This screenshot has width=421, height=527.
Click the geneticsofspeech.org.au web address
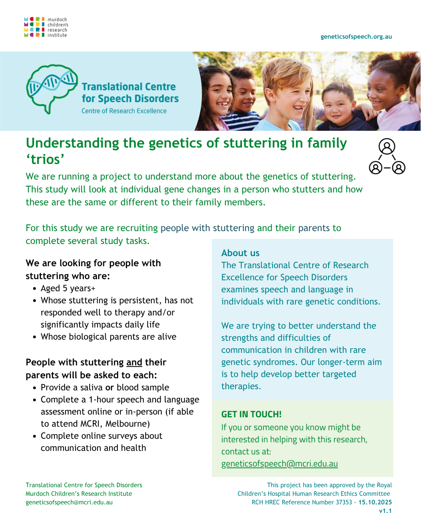click(x=356, y=37)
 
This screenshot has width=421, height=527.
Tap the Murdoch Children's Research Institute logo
click(x=46, y=27)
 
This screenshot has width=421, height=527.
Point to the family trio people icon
click(x=387, y=156)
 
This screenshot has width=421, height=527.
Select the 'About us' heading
click(x=240, y=253)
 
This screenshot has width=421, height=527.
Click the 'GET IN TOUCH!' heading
click(x=251, y=414)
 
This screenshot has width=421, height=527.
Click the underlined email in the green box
click(x=279, y=464)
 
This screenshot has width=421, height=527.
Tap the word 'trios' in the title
click(x=45, y=159)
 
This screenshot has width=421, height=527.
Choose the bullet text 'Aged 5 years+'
click(x=68, y=288)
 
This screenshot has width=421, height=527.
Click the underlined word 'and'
click(x=134, y=362)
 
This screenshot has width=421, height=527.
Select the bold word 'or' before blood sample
click(x=110, y=387)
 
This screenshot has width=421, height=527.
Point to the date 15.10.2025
click(x=375, y=502)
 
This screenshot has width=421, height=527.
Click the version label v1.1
click(x=386, y=511)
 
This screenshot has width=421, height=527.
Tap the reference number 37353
click(x=344, y=502)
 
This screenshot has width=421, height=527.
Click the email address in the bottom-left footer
click(x=69, y=502)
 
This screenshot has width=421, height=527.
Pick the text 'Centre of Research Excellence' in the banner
click(x=124, y=111)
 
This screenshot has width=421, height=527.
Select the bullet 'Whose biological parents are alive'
click(x=108, y=337)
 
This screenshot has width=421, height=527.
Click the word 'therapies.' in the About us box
click(x=241, y=386)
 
